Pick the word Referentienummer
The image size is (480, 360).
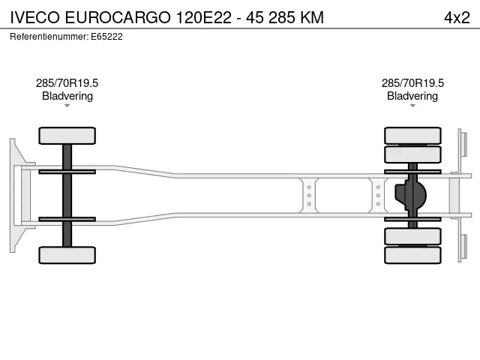click(x=48, y=37)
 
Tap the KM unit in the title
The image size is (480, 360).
click(x=312, y=17)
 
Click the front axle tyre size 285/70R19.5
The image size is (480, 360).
click(x=67, y=83)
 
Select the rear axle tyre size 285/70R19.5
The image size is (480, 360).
click(x=412, y=83)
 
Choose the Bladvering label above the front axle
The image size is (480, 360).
click(x=67, y=96)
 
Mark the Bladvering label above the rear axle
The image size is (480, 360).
click(x=412, y=96)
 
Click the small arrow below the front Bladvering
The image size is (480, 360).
click(x=67, y=106)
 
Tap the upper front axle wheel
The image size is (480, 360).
click(x=67, y=136)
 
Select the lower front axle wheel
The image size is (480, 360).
click(x=67, y=255)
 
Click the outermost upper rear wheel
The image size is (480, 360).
click(x=412, y=136)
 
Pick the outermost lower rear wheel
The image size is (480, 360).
click(x=412, y=255)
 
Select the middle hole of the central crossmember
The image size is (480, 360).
click(x=309, y=195)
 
